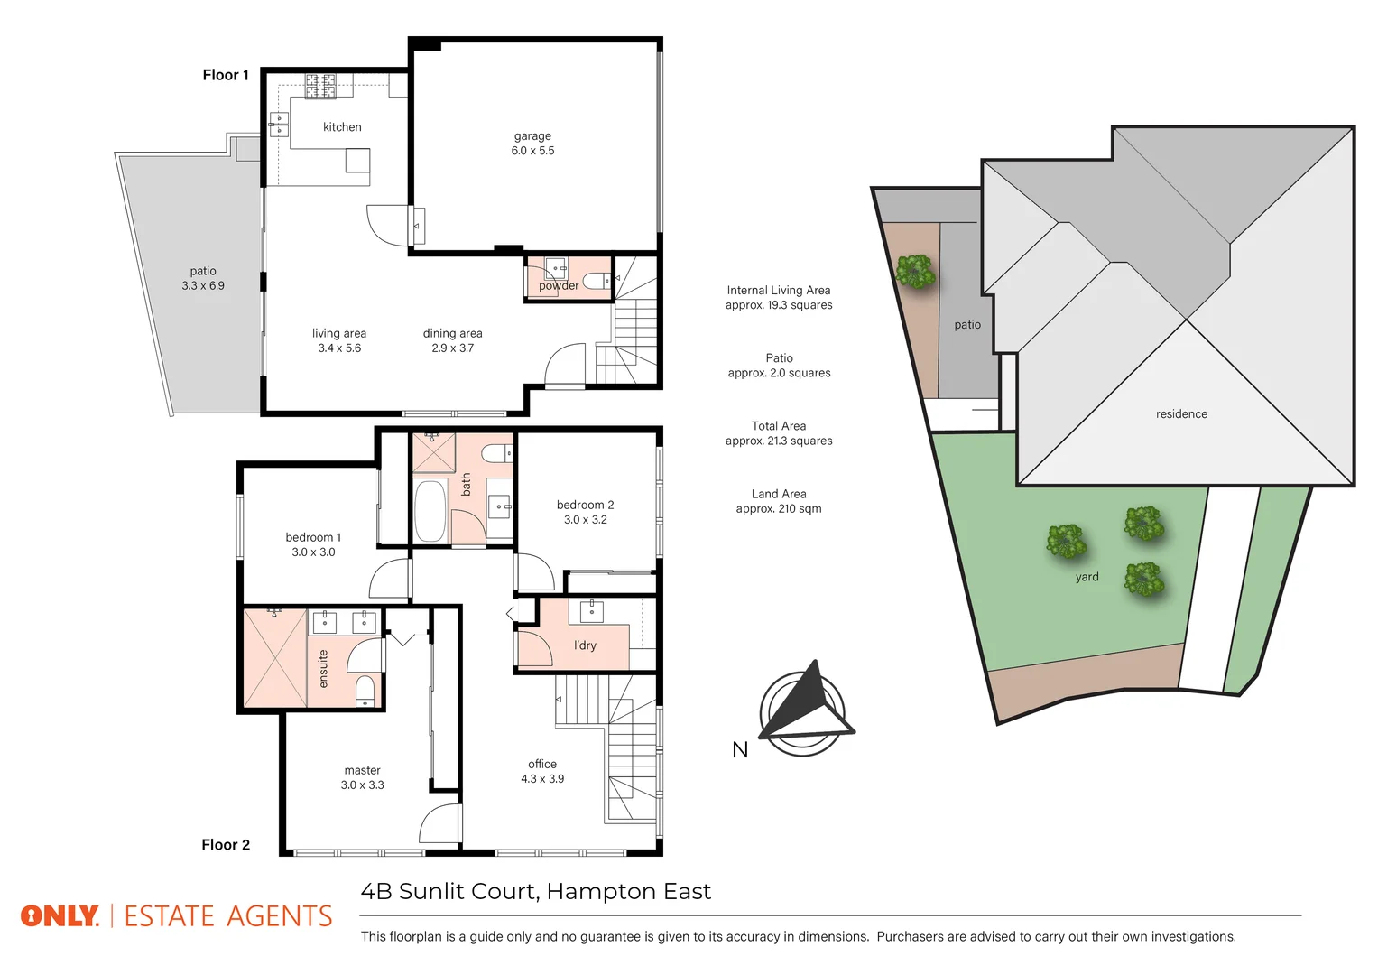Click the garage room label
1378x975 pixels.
532,136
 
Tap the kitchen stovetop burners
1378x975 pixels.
320,87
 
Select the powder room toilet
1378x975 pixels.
595,280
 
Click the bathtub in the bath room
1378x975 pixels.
430,511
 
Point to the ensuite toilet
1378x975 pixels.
365,691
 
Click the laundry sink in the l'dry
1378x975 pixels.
591,611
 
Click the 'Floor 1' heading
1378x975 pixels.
226,75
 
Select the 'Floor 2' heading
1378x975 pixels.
226,845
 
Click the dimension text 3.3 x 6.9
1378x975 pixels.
203,285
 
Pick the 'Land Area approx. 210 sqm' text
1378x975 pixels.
779,501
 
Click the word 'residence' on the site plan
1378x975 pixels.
1181,414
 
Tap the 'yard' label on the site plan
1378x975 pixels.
1087,577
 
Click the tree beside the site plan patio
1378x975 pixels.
915,272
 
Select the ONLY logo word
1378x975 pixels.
60,916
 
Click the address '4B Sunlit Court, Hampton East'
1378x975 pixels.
536,892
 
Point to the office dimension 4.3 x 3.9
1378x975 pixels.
542,779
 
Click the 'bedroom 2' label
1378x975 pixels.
585,505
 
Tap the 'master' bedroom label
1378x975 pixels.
362,770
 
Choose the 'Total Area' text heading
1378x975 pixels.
779,426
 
